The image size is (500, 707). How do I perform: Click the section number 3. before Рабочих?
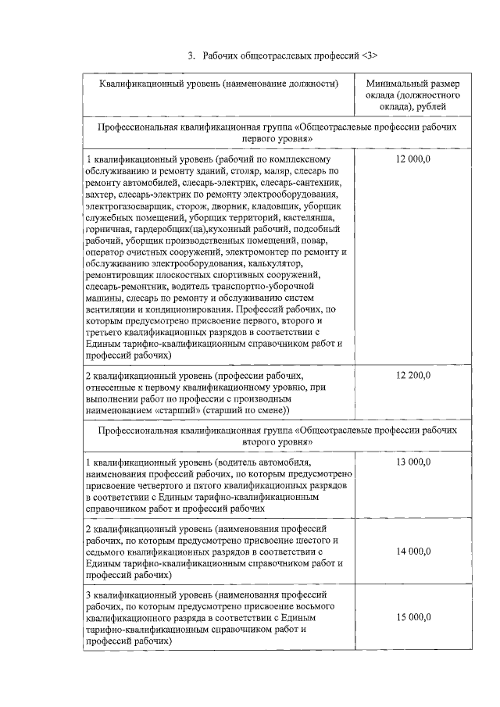pos(191,55)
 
